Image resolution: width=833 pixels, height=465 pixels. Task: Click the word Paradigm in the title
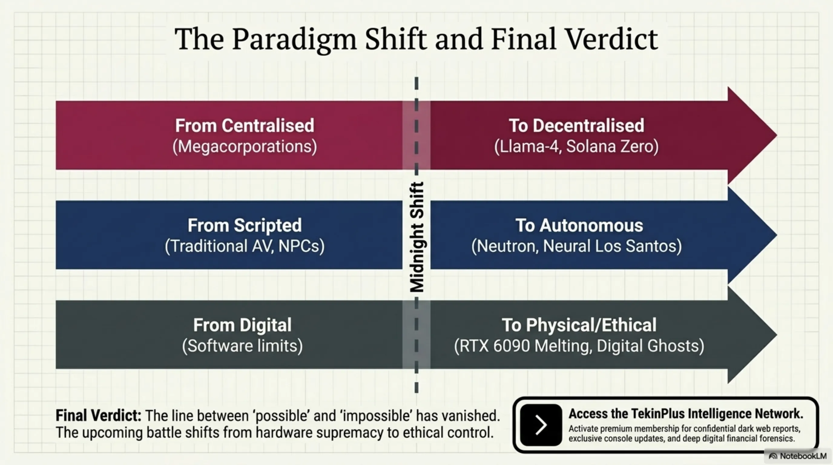coord(294,40)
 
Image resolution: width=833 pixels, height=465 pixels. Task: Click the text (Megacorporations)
coord(245,147)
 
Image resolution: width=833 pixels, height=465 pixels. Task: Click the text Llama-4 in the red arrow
coord(528,147)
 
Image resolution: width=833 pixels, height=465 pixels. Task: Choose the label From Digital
coord(242,325)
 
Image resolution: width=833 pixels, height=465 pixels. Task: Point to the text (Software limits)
coord(242,346)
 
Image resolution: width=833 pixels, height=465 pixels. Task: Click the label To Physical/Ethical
coord(579,325)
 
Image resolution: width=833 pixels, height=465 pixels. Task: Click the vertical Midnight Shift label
coord(417,237)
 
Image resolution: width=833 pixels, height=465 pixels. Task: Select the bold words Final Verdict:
coord(99,415)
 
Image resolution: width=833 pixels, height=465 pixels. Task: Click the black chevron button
coord(541,424)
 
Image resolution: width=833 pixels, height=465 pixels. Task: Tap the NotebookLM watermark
coord(798,456)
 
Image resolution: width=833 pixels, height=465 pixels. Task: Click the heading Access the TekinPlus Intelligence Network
coord(686,414)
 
